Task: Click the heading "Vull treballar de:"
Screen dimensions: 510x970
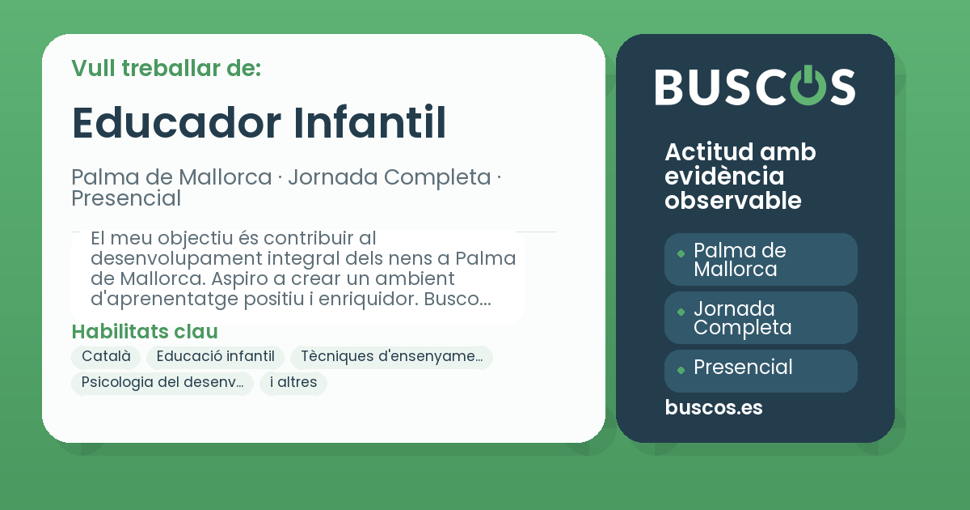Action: pyautogui.click(x=166, y=68)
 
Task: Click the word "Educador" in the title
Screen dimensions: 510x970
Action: pyautogui.click(x=176, y=122)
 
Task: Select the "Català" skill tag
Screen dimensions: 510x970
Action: pyautogui.click(x=106, y=357)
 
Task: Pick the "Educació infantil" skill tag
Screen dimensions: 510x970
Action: pyautogui.click(x=216, y=357)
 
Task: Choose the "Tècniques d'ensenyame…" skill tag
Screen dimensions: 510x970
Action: pyautogui.click(x=391, y=357)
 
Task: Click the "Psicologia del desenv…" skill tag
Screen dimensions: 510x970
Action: pyautogui.click(x=162, y=383)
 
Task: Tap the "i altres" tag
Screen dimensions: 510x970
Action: pyautogui.click(x=293, y=383)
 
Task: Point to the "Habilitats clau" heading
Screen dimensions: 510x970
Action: pyautogui.click(x=145, y=332)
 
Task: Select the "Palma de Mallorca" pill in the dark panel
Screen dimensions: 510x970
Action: pyautogui.click(x=761, y=260)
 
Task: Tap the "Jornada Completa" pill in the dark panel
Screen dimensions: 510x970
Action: pyautogui.click(x=761, y=318)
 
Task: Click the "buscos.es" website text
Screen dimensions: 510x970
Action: pyautogui.click(x=714, y=408)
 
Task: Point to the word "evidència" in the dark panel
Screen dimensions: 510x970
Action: pyautogui.click(x=724, y=176)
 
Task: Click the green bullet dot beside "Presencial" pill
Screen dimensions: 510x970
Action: pyautogui.click(x=681, y=370)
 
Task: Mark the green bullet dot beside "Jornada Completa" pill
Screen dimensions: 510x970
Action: pyautogui.click(x=681, y=312)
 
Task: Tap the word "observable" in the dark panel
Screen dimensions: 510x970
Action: pyautogui.click(x=733, y=201)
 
